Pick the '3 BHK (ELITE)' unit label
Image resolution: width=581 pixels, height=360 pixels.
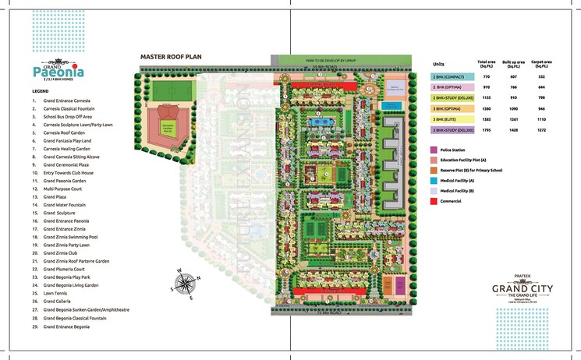pos(449,119)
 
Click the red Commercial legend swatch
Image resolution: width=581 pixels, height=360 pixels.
pos(434,202)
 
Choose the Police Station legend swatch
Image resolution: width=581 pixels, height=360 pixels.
pos(434,149)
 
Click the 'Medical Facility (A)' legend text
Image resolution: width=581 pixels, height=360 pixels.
pos(461,181)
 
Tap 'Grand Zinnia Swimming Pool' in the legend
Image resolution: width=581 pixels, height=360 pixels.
pos(70,237)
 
